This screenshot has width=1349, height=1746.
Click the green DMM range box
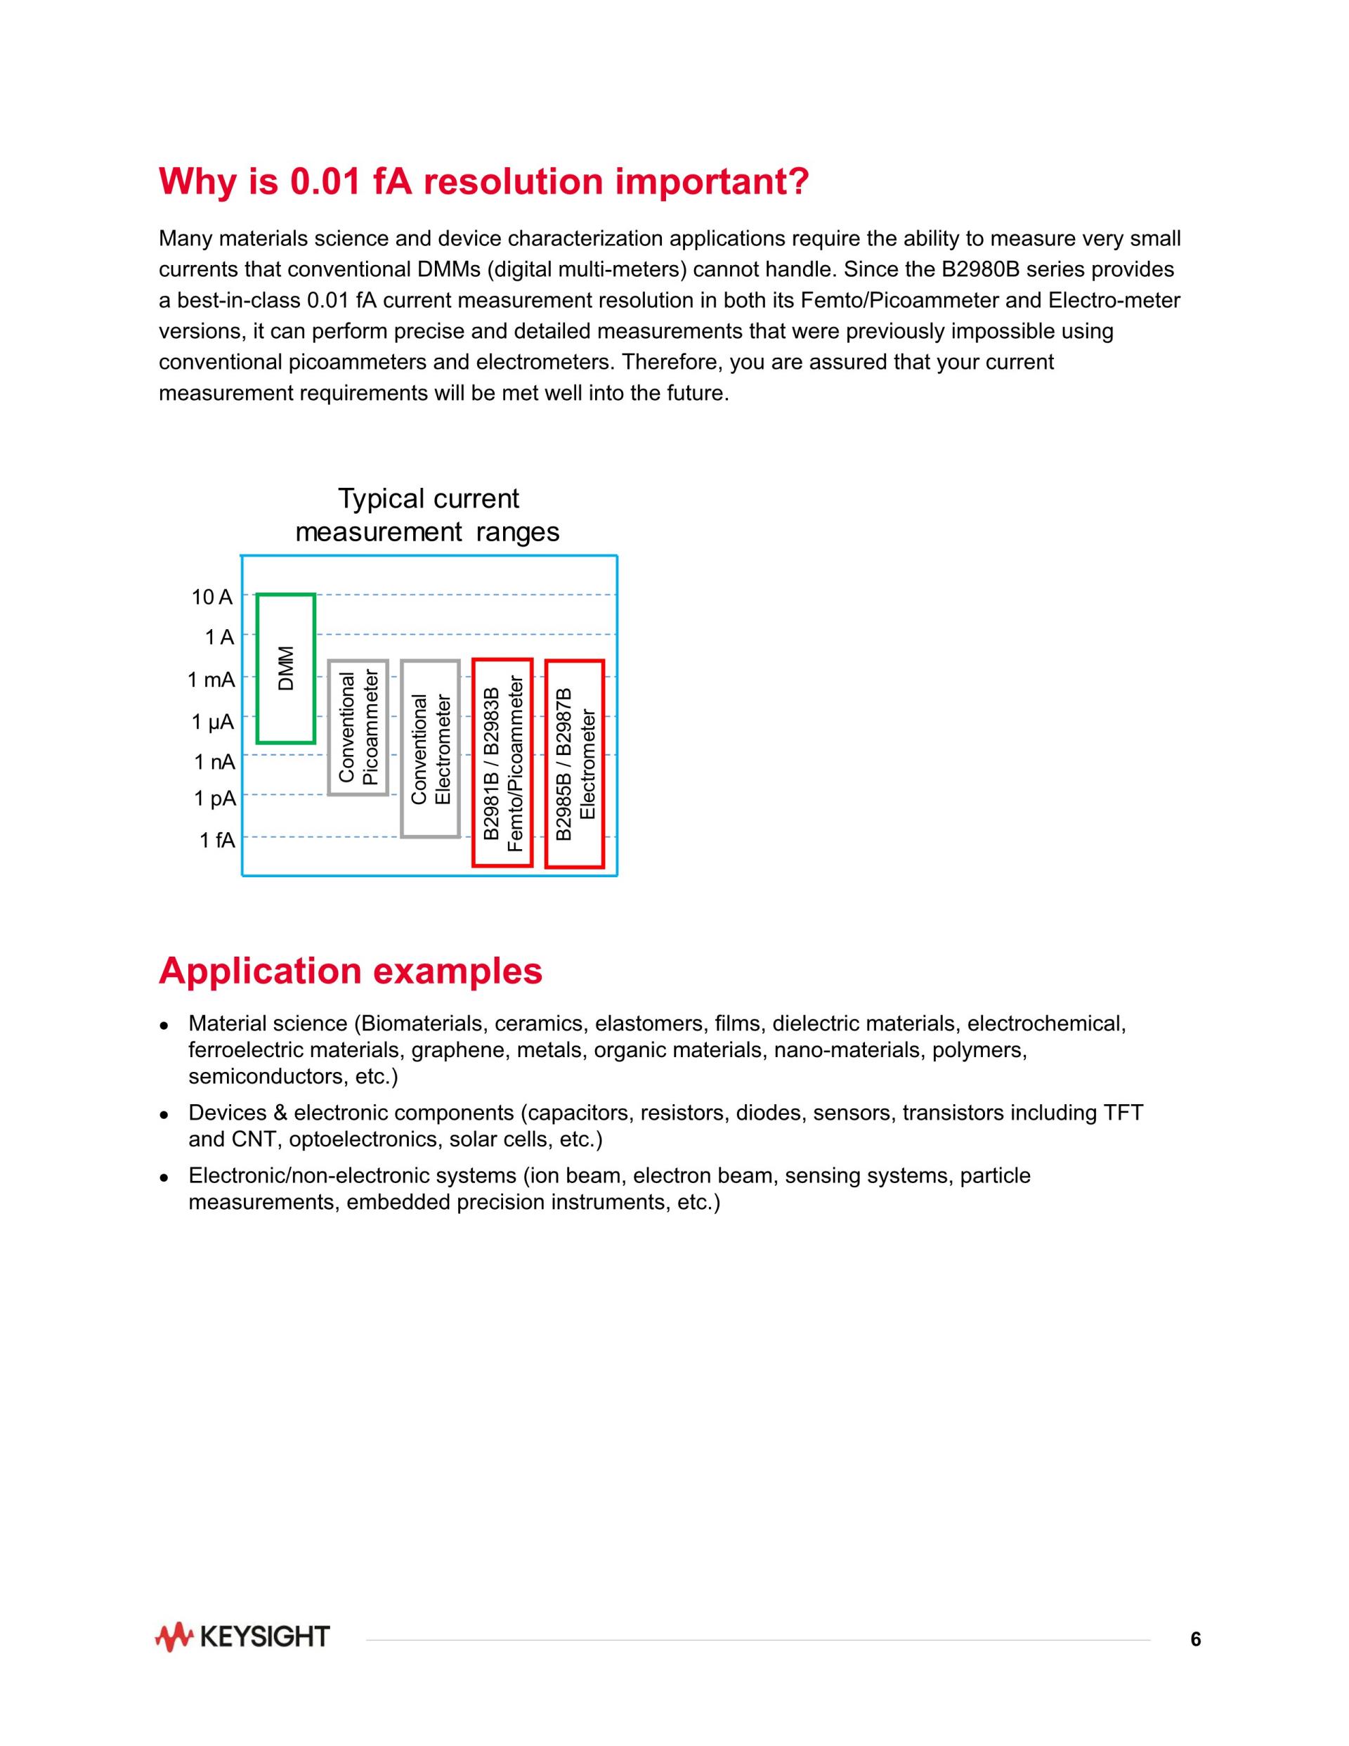[286, 668]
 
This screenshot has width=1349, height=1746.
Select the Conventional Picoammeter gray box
[358, 727]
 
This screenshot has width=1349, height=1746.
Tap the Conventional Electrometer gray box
[431, 749]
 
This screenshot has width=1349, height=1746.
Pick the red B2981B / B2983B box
[502, 763]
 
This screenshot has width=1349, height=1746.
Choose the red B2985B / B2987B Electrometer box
[575, 763]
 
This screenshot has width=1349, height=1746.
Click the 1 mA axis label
[211, 680]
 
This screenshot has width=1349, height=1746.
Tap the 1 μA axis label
[213, 722]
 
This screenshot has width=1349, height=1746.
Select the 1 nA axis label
[214, 762]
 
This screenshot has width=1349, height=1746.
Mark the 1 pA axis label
[214, 798]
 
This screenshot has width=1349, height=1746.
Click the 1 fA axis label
[216, 840]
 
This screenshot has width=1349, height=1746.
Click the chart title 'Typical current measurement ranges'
[429, 515]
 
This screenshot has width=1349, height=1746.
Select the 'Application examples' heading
[350, 971]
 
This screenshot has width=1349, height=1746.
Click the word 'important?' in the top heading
[712, 181]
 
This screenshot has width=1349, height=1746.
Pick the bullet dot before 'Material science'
[163, 1025]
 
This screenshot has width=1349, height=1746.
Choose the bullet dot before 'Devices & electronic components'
[163, 1113]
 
